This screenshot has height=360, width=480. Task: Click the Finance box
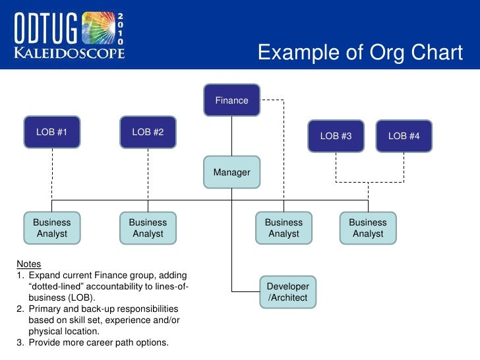tap(231, 101)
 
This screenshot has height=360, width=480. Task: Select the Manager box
tap(231, 172)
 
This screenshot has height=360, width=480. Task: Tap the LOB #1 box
tap(52, 132)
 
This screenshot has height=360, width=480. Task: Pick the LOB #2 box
tap(148, 132)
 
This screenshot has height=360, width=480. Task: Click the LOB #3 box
tap(336, 136)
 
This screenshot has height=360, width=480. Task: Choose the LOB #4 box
tap(404, 136)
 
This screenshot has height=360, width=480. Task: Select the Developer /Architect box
tap(287, 292)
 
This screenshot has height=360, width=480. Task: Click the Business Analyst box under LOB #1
tap(52, 228)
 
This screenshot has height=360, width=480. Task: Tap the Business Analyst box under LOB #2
tap(148, 228)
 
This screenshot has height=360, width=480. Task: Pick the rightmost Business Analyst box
tap(367, 228)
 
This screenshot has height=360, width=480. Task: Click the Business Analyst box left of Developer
tap(284, 228)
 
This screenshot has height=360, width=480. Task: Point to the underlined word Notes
tap(28, 264)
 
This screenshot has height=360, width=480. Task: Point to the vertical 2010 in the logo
tap(120, 30)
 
